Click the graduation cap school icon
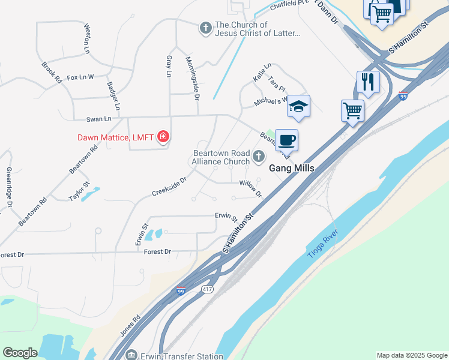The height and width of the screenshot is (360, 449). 298,106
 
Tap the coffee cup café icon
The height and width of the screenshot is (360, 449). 287,140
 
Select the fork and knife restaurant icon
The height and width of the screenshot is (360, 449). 368,81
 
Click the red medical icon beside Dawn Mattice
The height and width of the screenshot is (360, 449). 163,137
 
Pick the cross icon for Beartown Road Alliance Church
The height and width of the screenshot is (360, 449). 259,157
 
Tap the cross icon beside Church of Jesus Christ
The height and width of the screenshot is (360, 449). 205,27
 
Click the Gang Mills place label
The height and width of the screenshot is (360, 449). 291,169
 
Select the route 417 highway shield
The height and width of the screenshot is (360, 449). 207,289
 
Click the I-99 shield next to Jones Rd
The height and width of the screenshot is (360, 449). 181,291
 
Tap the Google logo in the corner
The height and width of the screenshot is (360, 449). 20,353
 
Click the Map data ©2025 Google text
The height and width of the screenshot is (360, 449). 411,355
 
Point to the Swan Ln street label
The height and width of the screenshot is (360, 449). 99,119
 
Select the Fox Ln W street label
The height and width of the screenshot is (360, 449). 81,77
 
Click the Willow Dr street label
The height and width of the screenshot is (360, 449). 251,188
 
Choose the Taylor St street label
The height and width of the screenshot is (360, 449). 79,192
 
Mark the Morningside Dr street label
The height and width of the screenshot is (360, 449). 192,74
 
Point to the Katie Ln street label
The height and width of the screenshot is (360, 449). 262,72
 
